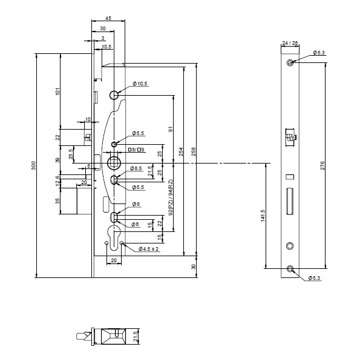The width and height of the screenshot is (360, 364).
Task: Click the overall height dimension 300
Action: coord(33,164)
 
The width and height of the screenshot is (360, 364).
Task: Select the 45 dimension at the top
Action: coord(108,19)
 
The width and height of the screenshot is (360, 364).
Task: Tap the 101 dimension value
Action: coord(57,91)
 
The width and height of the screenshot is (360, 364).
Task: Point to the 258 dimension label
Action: coord(194,153)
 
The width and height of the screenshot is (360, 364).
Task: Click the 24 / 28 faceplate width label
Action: coord(290,43)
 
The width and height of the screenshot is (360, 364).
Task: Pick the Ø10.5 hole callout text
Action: coord(141,84)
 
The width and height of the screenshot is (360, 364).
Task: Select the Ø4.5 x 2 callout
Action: coord(148,249)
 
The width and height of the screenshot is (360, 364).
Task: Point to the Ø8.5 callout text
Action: coord(139,168)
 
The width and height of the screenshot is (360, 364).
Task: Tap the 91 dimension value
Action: coord(171,129)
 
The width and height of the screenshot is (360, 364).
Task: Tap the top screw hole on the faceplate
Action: coord(291,63)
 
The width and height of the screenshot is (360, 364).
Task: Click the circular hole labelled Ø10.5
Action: coord(114,96)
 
